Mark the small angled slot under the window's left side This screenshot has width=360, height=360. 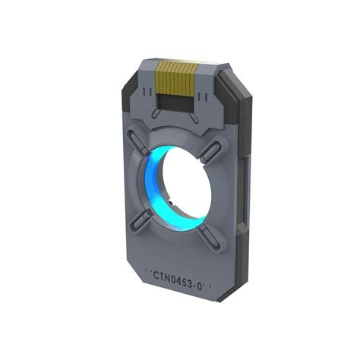156,113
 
